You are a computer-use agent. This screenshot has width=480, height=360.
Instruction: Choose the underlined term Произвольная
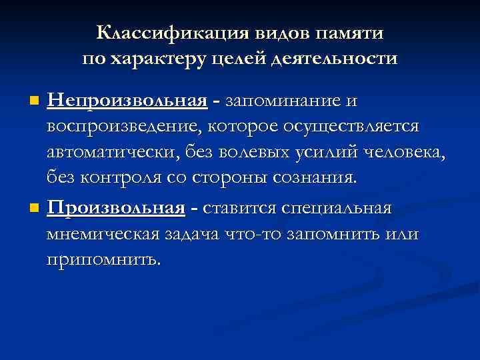116,208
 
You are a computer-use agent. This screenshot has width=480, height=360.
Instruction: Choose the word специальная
337,208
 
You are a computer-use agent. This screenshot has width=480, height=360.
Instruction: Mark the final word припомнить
104,259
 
